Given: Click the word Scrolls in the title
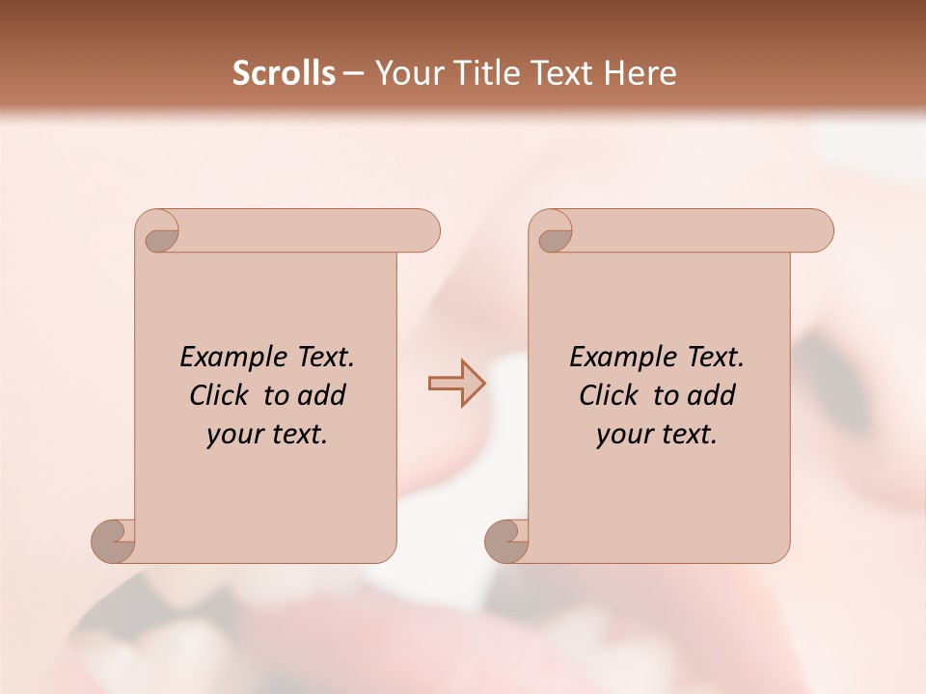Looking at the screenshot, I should (x=284, y=73).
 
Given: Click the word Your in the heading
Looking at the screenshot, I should (x=406, y=73).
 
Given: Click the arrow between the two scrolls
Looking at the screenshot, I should (x=457, y=384).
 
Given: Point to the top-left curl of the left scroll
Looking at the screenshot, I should (x=160, y=232).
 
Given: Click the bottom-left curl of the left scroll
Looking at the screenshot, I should (x=114, y=541).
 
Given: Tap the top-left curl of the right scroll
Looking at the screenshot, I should (x=554, y=232).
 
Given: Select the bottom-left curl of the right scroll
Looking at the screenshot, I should (x=507, y=541).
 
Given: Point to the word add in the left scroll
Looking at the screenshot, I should (x=322, y=396).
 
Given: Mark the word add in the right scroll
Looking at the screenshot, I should (x=712, y=396).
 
